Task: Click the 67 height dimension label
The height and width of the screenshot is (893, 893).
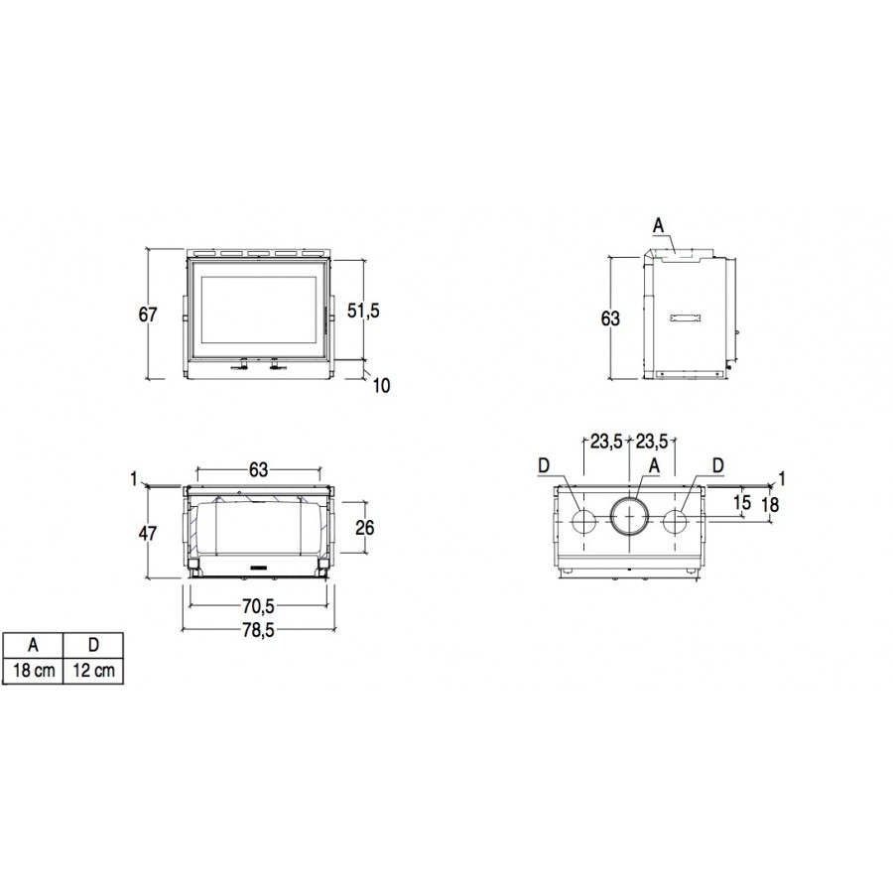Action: (x=148, y=314)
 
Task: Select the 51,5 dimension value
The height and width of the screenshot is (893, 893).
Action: (x=363, y=311)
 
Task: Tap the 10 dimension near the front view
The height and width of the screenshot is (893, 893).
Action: (x=382, y=386)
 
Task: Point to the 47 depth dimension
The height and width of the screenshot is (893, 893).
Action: (x=148, y=533)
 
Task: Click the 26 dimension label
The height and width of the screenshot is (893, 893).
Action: (x=364, y=528)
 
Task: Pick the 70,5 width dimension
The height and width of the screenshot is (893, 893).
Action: (x=258, y=607)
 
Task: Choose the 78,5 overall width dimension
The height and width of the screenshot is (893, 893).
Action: (x=258, y=630)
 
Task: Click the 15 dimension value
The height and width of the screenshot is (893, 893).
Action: (x=742, y=502)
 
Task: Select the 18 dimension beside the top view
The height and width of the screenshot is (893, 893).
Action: (x=769, y=504)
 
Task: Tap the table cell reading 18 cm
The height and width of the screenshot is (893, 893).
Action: (x=33, y=671)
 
